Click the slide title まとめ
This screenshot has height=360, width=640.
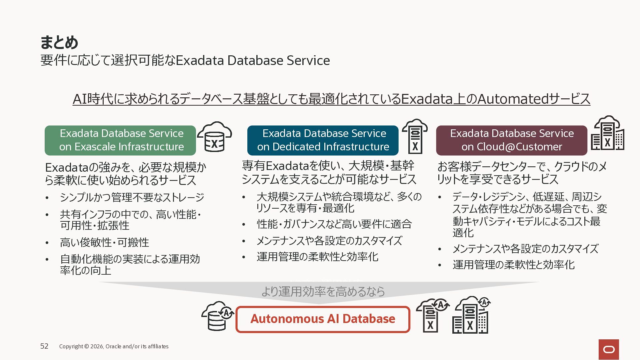click(59, 42)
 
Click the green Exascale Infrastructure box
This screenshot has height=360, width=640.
click(120, 140)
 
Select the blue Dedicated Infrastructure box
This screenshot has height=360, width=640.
click(323, 140)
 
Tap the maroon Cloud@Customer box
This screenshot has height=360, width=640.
click(512, 140)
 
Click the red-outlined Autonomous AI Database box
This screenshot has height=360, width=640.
click(323, 319)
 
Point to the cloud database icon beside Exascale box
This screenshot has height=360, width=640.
click(214, 137)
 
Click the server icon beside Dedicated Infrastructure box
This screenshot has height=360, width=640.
click(415, 136)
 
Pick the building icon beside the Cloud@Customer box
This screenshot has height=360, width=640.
click(607, 133)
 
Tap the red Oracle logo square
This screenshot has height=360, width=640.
click(609, 349)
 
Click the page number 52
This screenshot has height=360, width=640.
click(44, 346)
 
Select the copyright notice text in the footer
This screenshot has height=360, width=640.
click(114, 346)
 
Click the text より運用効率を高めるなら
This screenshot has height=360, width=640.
click(323, 291)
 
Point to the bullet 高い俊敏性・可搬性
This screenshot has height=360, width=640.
click(104, 242)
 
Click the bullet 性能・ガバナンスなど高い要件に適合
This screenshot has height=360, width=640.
click(334, 224)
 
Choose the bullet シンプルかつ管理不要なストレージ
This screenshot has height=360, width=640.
click(132, 197)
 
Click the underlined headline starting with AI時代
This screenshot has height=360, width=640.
click(331, 99)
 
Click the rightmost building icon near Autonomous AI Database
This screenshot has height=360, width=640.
click(471, 315)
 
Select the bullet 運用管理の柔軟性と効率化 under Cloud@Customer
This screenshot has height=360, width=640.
click(513, 265)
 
